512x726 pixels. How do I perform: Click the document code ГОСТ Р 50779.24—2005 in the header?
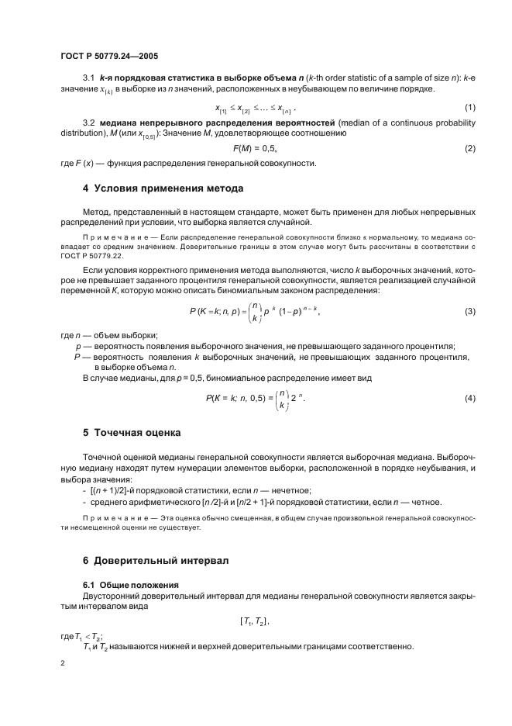click(109, 57)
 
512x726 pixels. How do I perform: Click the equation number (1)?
click(469, 106)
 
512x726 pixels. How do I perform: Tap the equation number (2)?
click(469, 148)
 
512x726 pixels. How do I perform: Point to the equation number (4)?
click(469, 398)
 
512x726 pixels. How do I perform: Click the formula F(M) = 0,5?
click(255, 148)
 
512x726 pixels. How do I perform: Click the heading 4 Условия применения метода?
click(163, 188)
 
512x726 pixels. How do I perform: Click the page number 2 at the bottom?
click(62, 664)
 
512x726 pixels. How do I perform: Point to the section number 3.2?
click(88, 123)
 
